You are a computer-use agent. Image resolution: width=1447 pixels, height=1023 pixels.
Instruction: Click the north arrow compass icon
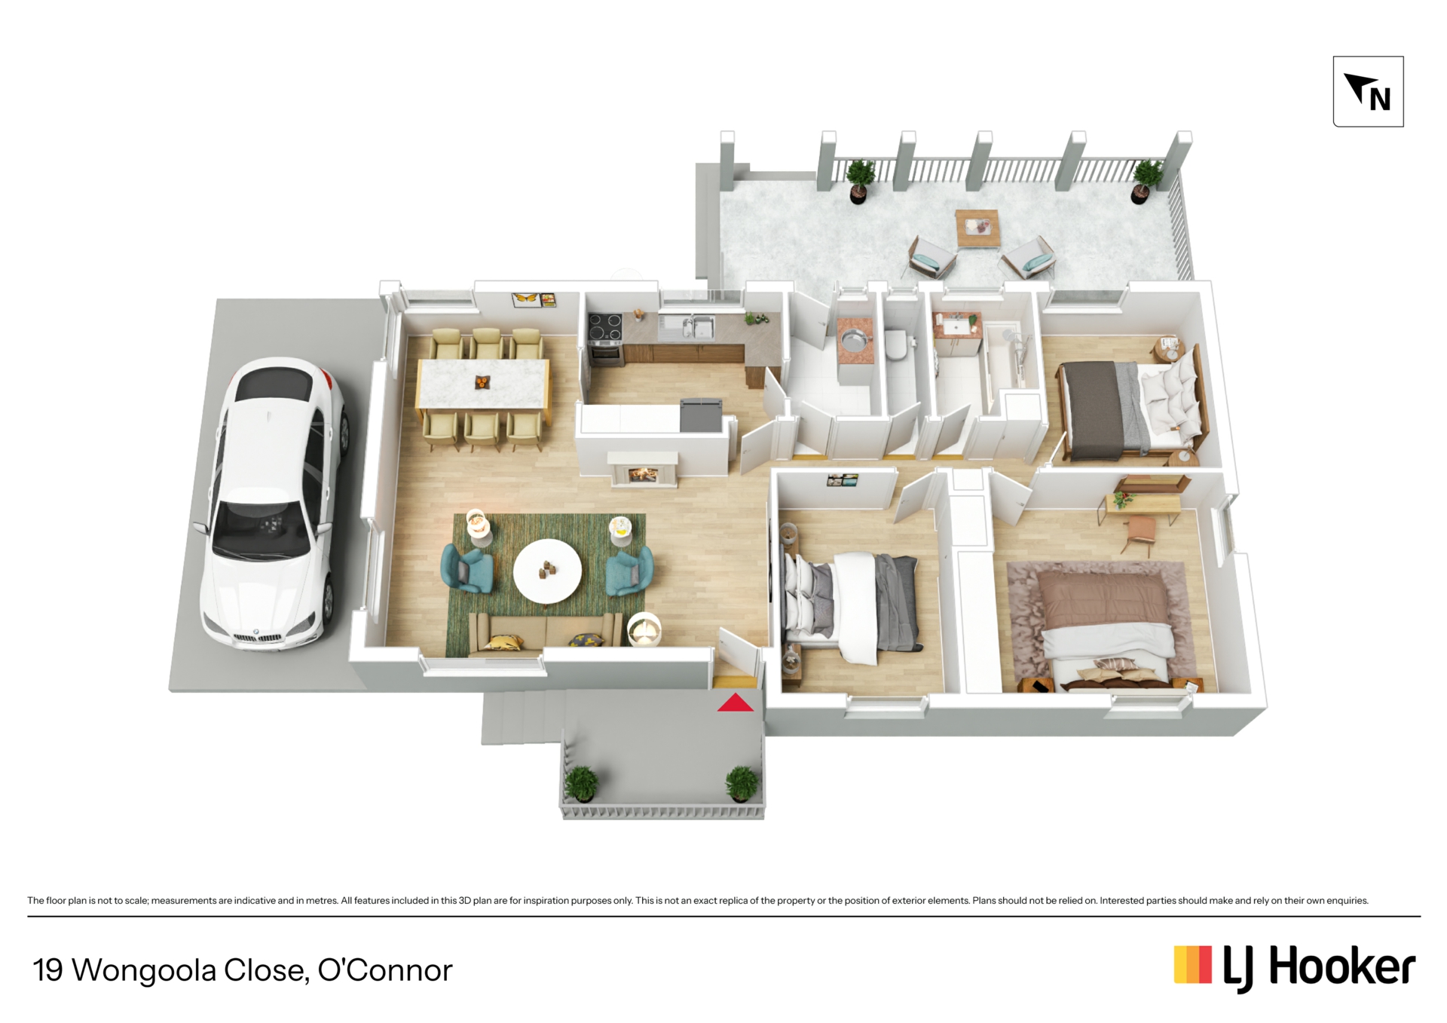pos(1368,91)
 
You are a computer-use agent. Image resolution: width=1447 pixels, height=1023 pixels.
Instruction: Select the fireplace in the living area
pos(643,470)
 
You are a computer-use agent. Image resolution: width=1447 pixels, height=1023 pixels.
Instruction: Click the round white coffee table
pos(547,571)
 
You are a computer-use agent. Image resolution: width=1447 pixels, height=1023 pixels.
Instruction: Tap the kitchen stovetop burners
pos(604,327)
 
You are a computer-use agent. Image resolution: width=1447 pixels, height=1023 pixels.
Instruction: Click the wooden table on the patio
pos(977,228)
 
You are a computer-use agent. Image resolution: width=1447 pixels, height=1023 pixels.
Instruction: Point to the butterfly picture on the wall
pos(525,299)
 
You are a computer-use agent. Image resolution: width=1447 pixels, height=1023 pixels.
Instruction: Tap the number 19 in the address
pos(47,970)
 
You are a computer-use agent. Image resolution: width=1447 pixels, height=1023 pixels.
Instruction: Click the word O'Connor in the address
pos(385,969)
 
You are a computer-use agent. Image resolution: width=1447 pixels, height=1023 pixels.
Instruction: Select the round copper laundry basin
pos(854,342)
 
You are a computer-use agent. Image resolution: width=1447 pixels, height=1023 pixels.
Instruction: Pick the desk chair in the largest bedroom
pos(1140,533)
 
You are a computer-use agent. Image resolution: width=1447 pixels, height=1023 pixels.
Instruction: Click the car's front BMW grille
pos(259,638)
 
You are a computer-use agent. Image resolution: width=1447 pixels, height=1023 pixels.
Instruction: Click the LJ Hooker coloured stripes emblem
pos(1192,965)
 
